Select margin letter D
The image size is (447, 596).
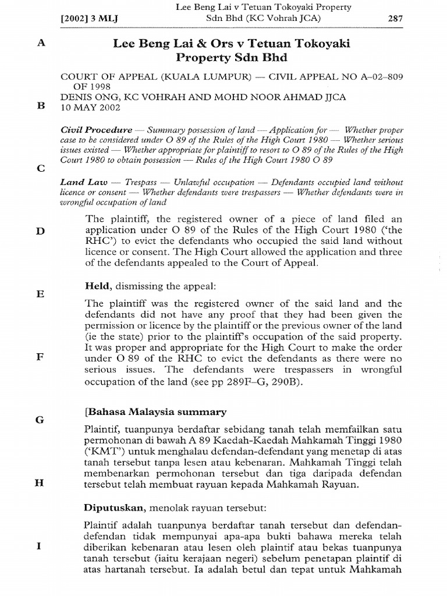(40, 231)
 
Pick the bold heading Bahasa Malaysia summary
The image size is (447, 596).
(155, 412)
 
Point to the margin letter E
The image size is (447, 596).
(40, 294)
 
